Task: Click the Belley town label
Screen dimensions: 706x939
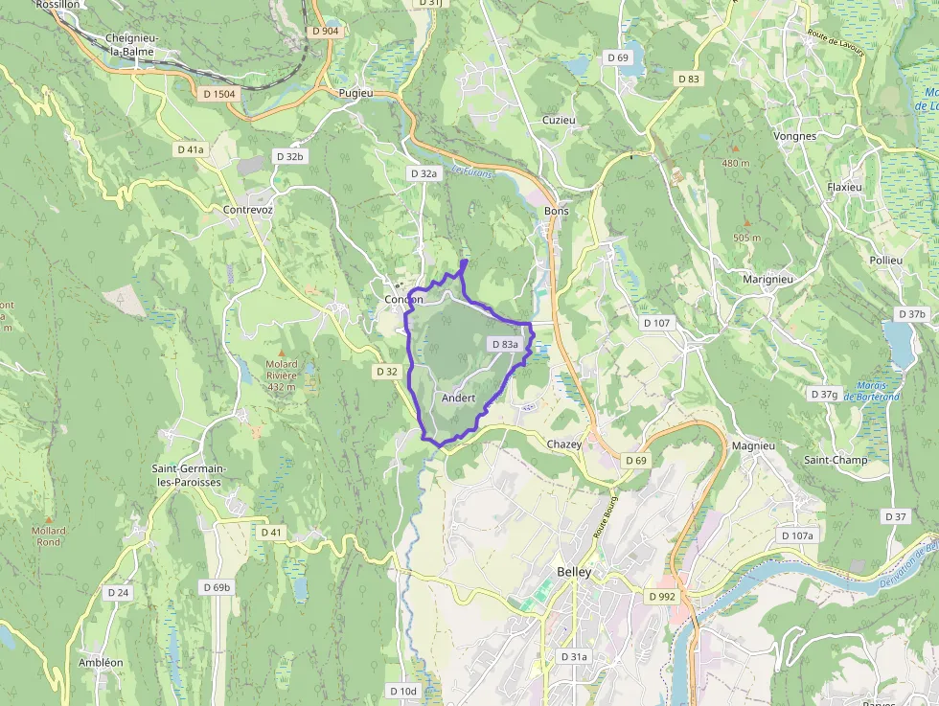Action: (x=574, y=573)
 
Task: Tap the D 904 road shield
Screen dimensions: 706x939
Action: (x=326, y=31)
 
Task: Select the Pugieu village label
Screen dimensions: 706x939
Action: (x=355, y=93)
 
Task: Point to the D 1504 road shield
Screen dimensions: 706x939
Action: (x=219, y=93)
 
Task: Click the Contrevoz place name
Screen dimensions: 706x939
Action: (x=247, y=210)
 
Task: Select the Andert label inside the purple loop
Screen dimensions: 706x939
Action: (x=459, y=398)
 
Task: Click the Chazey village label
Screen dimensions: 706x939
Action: (x=563, y=444)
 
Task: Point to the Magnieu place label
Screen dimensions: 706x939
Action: (x=752, y=446)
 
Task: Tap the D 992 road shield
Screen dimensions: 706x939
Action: (x=662, y=596)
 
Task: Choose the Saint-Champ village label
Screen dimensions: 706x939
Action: (x=836, y=460)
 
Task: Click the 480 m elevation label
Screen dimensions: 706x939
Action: (x=736, y=163)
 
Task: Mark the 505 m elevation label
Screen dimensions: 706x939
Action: (x=746, y=238)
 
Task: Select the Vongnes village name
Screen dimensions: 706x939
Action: (x=794, y=136)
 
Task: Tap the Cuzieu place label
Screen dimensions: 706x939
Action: (x=559, y=120)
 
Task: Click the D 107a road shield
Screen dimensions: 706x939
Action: (x=796, y=535)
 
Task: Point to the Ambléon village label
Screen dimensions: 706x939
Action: (x=101, y=663)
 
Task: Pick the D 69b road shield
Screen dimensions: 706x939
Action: (x=218, y=586)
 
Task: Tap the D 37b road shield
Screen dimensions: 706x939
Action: (x=912, y=314)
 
